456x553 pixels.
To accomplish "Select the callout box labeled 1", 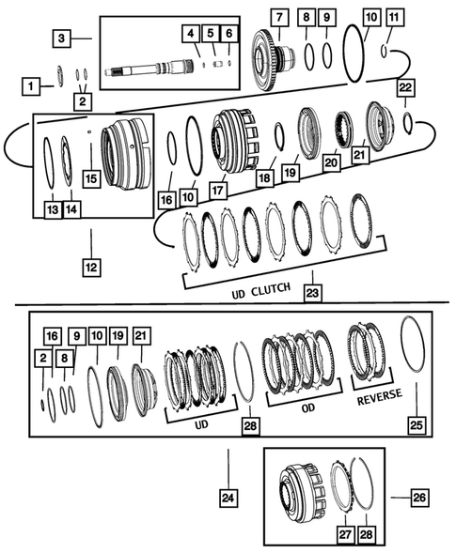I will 32,86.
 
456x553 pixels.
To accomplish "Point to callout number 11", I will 393,18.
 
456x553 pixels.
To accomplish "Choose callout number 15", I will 90,177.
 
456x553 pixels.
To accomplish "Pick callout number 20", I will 331,161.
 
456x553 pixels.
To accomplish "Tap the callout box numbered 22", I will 405,87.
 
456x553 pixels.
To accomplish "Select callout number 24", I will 228,498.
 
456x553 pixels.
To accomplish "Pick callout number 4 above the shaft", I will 191,35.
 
